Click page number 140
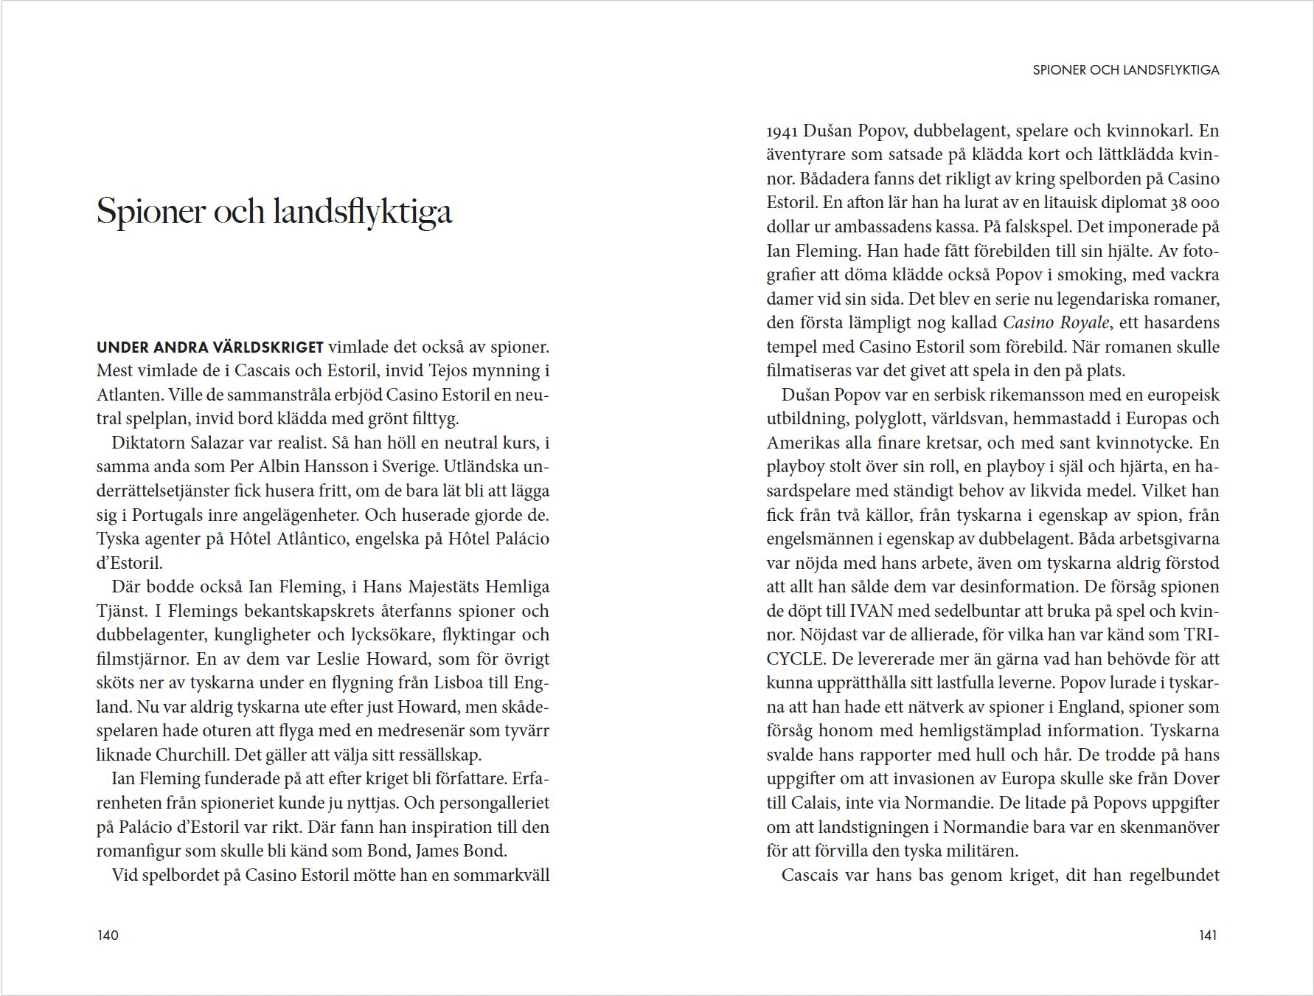(x=108, y=936)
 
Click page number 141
(x=1208, y=936)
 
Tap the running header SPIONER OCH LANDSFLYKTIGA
(x=1126, y=70)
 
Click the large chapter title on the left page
(x=274, y=211)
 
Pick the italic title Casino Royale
(x=1056, y=322)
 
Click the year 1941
(x=782, y=131)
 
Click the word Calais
(x=813, y=803)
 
